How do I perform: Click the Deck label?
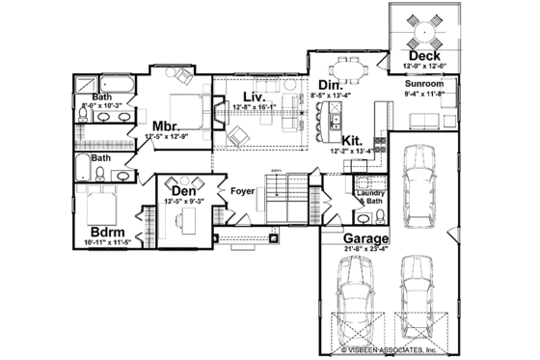[x=423, y=57]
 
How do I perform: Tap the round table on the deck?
[x=423, y=32]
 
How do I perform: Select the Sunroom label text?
[x=423, y=84]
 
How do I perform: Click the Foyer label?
[x=242, y=189]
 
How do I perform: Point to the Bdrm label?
[x=106, y=233]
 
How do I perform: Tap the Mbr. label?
[x=168, y=125]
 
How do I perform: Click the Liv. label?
[x=254, y=97]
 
